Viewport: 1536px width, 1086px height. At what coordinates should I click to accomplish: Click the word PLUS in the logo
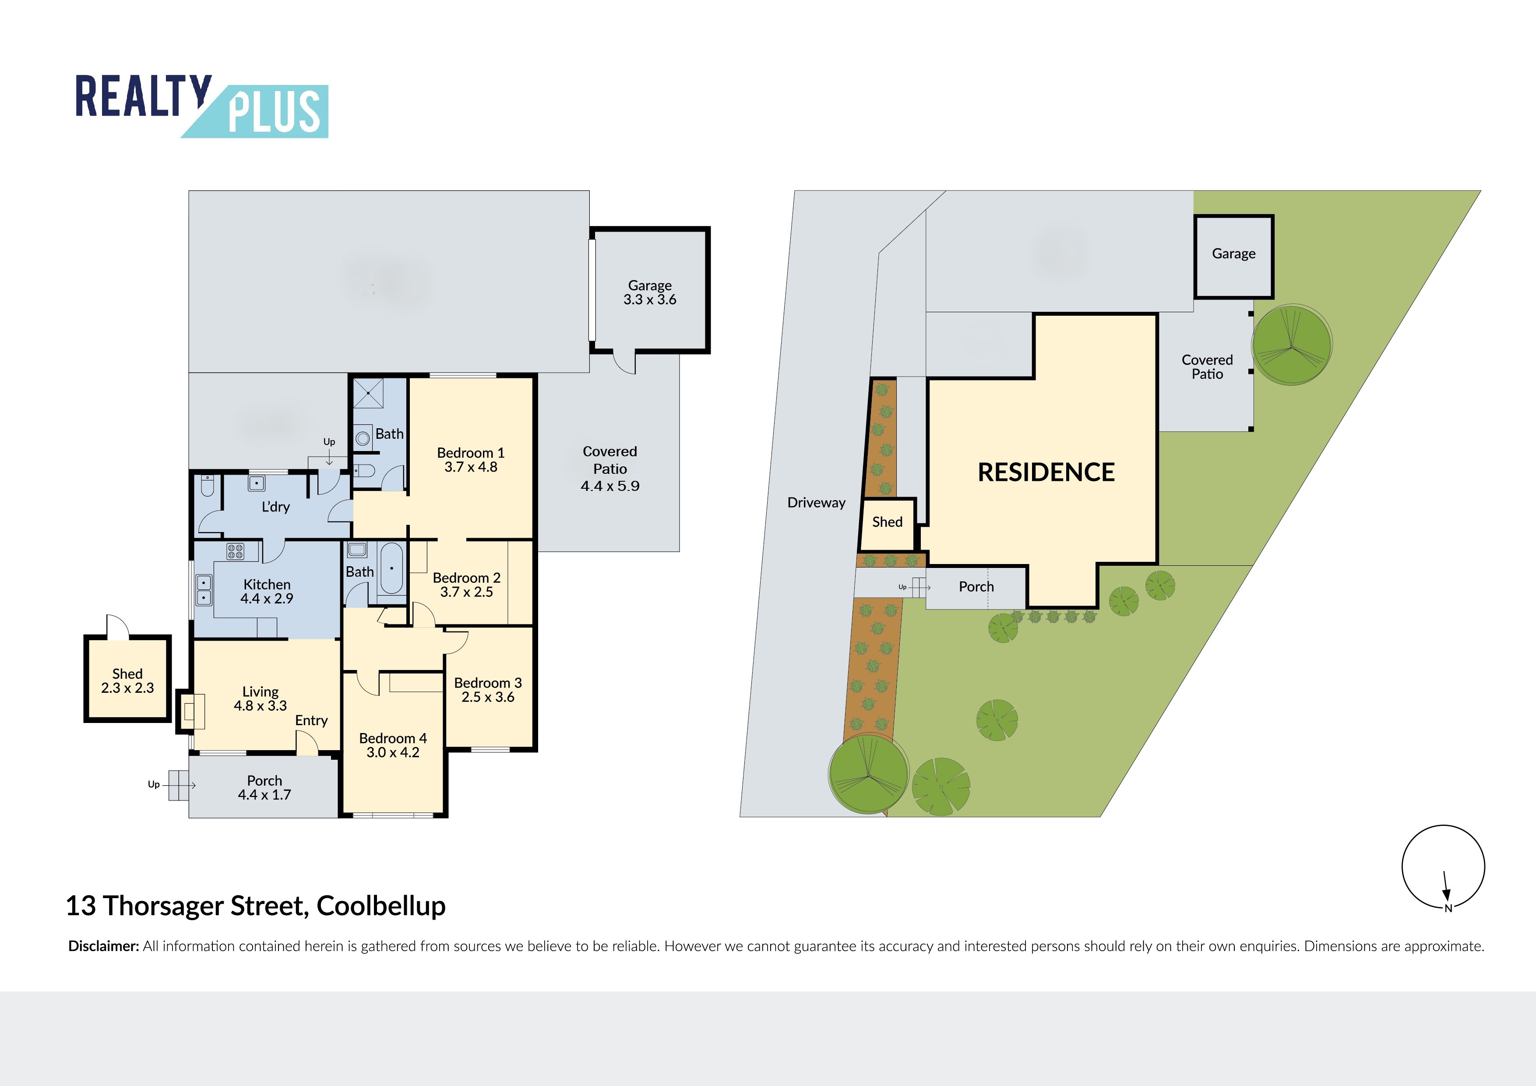[x=274, y=111]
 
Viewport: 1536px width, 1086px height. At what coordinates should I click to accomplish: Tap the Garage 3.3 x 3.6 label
[x=650, y=293]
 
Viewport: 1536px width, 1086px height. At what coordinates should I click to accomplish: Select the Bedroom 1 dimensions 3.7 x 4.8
[x=471, y=467]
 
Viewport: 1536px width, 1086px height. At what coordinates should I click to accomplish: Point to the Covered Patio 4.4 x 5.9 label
[x=610, y=469]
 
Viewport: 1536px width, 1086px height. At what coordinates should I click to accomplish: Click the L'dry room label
[x=275, y=507]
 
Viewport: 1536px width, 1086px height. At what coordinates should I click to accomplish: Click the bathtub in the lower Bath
[x=391, y=568]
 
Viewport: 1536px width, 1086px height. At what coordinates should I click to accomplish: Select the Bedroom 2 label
[x=466, y=578]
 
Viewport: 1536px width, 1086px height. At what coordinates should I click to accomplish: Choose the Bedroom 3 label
[x=488, y=683]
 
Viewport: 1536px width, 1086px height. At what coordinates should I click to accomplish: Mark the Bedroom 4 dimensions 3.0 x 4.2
[x=393, y=752]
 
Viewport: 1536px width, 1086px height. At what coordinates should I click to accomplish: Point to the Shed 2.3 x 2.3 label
[x=127, y=681]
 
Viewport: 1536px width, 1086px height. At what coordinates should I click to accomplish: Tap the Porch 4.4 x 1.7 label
[x=264, y=787]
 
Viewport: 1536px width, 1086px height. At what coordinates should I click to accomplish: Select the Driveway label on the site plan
[x=816, y=503]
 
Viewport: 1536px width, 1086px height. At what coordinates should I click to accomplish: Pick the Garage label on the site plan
[x=1233, y=254]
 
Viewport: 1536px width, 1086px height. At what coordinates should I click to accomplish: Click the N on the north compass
[x=1448, y=908]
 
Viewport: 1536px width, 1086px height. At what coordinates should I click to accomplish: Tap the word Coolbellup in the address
[x=380, y=906]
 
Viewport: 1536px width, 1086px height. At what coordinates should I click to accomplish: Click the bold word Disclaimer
[x=104, y=946]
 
